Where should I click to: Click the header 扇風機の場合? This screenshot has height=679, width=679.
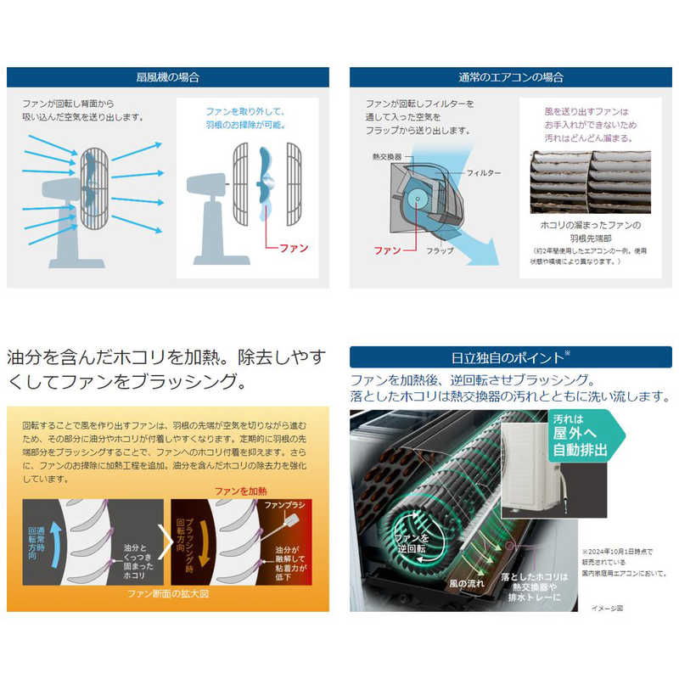167,77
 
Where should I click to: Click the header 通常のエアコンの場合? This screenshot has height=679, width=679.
510,77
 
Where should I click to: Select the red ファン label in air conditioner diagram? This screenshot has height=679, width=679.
387,251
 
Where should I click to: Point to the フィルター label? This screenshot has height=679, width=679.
484,173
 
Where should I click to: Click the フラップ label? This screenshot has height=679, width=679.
439,251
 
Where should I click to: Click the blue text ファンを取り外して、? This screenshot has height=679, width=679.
249,111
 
